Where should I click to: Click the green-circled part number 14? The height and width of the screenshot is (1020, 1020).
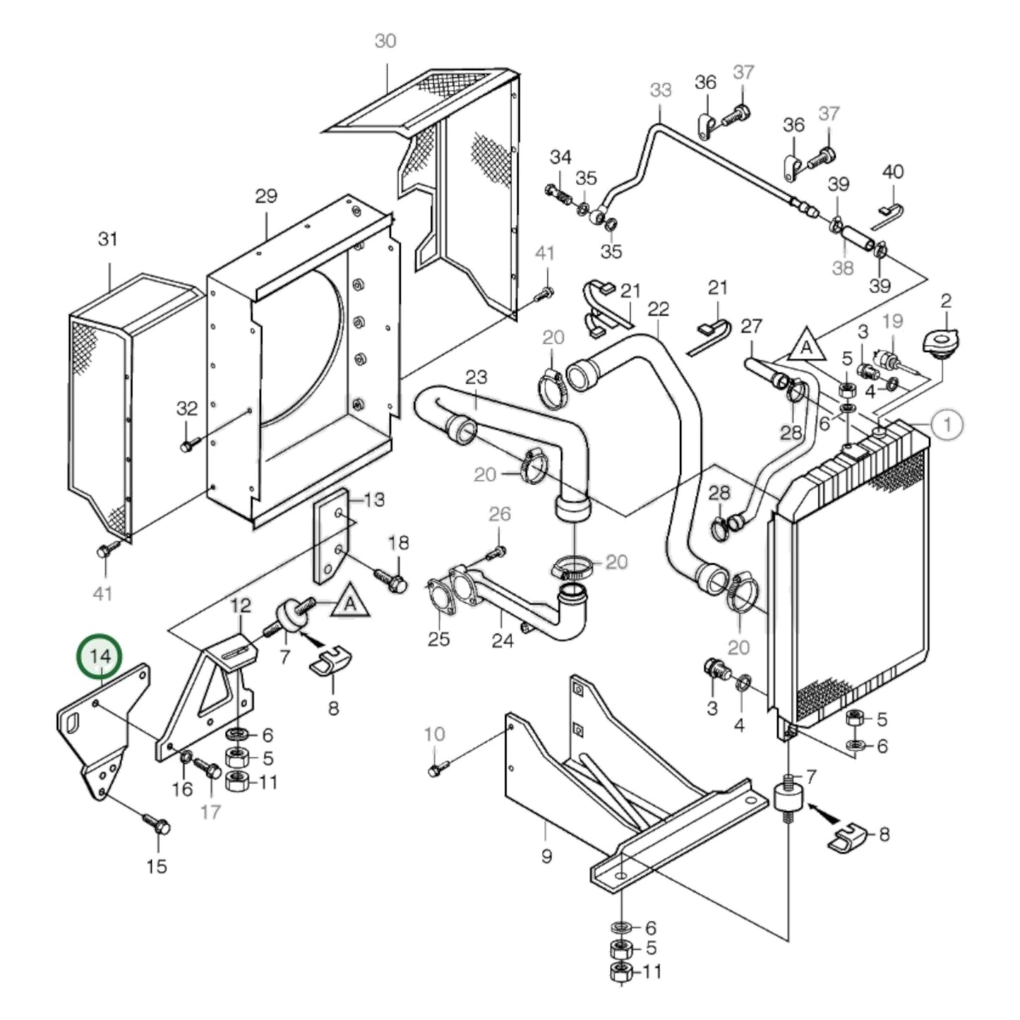click(100, 656)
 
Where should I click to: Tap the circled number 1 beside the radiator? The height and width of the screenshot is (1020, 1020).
click(947, 424)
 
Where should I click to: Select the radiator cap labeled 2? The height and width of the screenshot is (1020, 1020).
click(942, 345)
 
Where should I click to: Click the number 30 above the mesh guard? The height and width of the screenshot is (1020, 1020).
click(385, 42)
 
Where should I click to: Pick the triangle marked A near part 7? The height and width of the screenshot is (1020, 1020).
click(350, 605)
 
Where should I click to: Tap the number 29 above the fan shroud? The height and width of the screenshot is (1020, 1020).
click(266, 196)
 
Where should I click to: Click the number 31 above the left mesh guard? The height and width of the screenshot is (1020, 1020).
click(107, 239)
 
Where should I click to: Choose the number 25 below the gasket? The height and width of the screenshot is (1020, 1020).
click(438, 640)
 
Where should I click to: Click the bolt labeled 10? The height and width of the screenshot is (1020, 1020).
click(436, 769)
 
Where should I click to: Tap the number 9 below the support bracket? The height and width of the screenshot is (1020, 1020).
click(546, 856)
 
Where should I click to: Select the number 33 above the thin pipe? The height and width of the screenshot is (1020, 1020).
click(661, 90)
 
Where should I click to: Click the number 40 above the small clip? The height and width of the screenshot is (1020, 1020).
click(893, 172)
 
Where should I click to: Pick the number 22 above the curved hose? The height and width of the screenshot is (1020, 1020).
click(658, 309)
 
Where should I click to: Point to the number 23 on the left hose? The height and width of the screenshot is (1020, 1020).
click(476, 377)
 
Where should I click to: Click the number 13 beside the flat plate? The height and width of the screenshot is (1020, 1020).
click(374, 500)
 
